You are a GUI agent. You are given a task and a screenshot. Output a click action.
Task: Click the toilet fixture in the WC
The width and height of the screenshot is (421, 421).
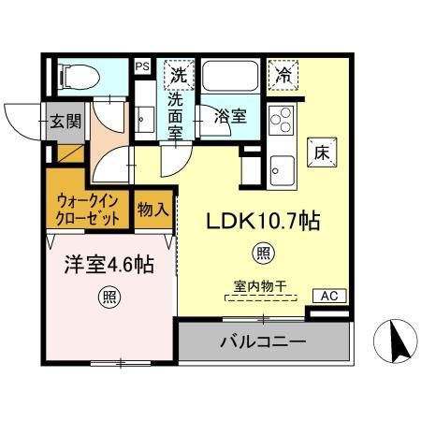click(77, 76)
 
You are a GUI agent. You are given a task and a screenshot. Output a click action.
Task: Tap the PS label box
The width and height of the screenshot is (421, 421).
click(142, 67)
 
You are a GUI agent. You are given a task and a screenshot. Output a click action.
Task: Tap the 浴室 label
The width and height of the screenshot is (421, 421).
click(230, 117)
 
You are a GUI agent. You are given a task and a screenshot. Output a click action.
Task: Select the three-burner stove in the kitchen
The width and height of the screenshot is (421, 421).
click(280, 120)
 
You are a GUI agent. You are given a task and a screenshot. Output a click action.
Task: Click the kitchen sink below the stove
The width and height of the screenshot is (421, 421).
click(281, 170)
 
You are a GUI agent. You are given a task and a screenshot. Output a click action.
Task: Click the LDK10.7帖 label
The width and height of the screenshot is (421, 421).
click(264, 222)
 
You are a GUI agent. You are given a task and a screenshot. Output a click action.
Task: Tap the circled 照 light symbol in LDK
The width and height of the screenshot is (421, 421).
click(263, 253)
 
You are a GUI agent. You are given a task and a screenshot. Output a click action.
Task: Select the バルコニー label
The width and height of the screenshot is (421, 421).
click(263, 341)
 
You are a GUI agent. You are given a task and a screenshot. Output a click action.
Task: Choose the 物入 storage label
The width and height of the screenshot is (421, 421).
click(152, 210)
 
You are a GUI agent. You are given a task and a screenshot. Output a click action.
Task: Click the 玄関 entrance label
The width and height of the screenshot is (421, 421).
click(65, 121)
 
